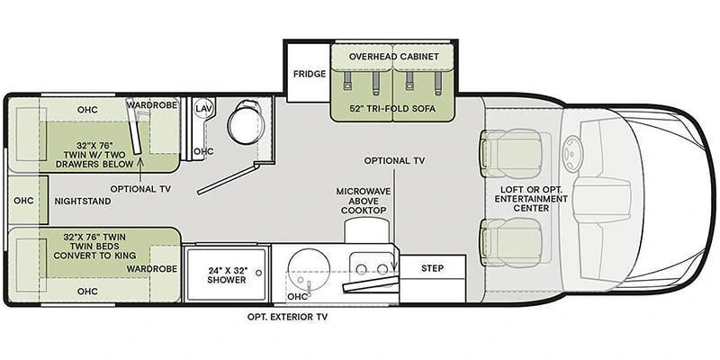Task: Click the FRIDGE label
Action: [310, 74]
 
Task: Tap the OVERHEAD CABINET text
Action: [394, 57]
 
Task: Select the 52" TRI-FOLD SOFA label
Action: [391, 109]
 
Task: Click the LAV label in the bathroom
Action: [202, 108]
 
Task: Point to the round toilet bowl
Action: [245, 125]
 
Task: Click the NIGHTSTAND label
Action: [83, 201]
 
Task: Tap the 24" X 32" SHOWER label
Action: [227, 274]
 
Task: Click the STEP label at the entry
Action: [433, 268]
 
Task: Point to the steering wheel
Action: [572, 154]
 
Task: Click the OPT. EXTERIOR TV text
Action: [288, 317]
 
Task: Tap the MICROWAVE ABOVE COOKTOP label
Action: [364, 200]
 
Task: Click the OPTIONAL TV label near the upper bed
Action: [140, 189]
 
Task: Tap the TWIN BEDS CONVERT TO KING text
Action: [95, 251]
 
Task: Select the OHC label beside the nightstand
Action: [24, 201]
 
